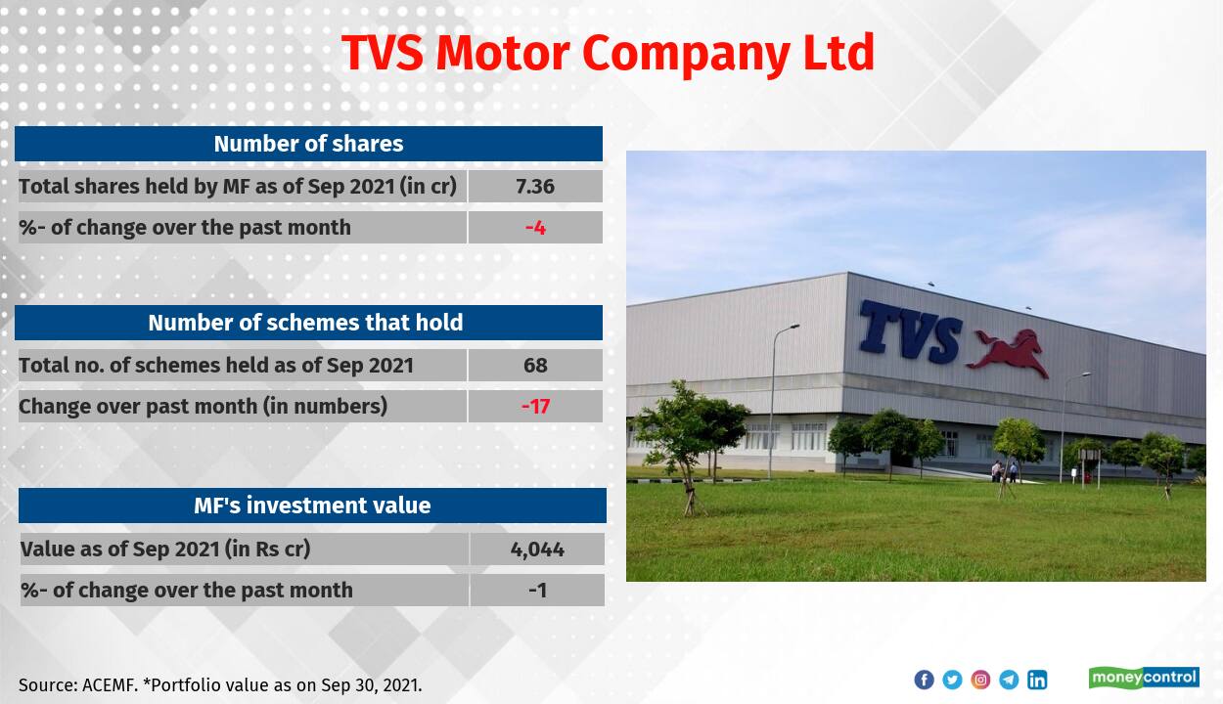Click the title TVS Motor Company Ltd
coord(608,53)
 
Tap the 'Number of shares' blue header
coord(308,144)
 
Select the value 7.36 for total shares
coord(535,186)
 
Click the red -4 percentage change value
coord(535,228)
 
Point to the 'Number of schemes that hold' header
coord(305,323)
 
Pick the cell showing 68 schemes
coord(535,365)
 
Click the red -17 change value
coord(535,406)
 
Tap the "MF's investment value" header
coord(312,506)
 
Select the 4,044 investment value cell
coord(537,549)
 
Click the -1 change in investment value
coord(537,590)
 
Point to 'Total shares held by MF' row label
coord(238,186)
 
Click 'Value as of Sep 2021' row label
coord(165,549)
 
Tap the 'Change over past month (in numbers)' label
coord(203,406)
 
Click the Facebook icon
coord(924,680)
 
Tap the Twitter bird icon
coord(952,680)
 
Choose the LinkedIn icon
coord(1037,680)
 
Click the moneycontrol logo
coord(1144,678)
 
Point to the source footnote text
coord(220,685)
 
